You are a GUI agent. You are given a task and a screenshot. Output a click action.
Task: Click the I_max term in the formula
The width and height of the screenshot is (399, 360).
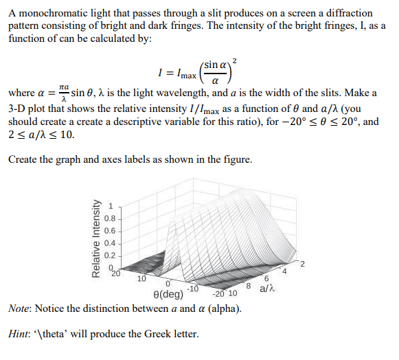(x=184, y=73)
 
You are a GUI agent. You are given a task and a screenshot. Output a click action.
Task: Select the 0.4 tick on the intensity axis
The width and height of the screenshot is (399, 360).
(x=118, y=243)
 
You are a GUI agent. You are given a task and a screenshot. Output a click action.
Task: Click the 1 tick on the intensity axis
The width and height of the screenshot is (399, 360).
(x=119, y=204)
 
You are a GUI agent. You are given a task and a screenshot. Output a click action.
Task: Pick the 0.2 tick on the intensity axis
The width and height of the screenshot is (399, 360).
(x=118, y=256)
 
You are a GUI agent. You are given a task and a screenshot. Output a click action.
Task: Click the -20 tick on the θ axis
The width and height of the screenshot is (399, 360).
(x=219, y=294)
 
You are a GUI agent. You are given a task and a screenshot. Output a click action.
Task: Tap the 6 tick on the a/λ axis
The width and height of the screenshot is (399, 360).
(x=266, y=278)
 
